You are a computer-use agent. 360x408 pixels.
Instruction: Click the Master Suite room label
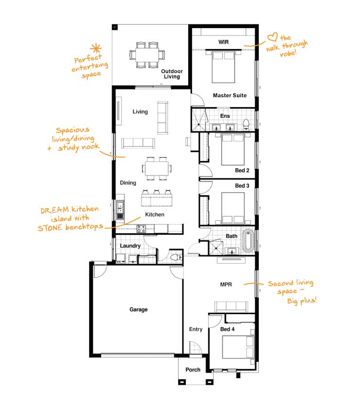pyautogui.click(x=230, y=95)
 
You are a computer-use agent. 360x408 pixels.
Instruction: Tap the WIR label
pyautogui.click(x=223, y=42)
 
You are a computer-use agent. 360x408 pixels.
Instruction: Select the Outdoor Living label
pyautogui.click(x=172, y=74)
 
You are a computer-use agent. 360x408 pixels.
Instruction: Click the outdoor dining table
pyautogui.click(x=147, y=54)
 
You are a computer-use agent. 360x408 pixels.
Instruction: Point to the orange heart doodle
pyautogui.click(x=272, y=36)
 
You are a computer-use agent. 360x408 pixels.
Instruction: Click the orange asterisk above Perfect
pyautogui.click(x=96, y=49)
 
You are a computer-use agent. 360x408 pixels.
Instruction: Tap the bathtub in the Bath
pyautogui.click(x=248, y=240)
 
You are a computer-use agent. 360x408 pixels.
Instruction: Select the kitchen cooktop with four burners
pyautogui.click(x=142, y=229)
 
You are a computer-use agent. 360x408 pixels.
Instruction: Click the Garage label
pyautogui.click(x=139, y=309)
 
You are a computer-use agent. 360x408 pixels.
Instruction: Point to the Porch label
pyautogui.click(x=193, y=370)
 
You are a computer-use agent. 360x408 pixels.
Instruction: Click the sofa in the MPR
pyautogui.click(x=231, y=306)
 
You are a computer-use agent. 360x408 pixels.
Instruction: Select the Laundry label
pyautogui.click(x=130, y=246)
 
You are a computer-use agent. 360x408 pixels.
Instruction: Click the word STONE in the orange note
pyautogui.click(x=50, y=228)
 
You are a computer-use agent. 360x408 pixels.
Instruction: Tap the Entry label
pyautogui.click(x=196, y=329)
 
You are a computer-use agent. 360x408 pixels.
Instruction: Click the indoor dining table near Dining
pyautogui.click(x=157, y=169)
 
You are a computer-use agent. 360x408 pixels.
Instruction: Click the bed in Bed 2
pyautogui.click(x=233, y=149)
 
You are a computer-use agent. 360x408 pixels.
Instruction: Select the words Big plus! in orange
pyautogui.click(x=302, y=301)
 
